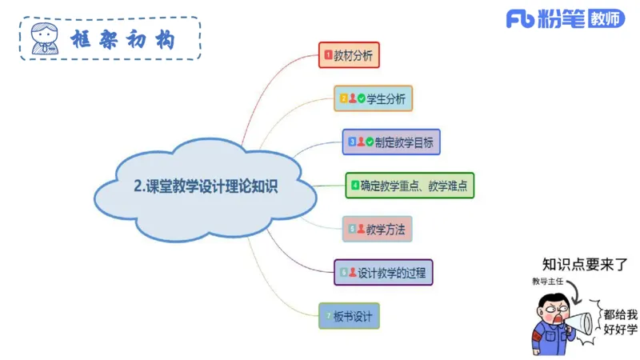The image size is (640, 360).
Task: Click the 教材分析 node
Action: pyautogui.click(x=349, y=55)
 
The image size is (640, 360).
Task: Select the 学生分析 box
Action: pyautogui.click(x=373, y=98)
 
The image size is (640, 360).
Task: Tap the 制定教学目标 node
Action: pyautogui.click(x=391, y=142)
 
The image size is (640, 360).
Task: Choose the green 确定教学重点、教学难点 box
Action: pyautogui.click(x=410, y=186)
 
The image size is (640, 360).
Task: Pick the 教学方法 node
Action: pyautogui.click(x=377, y=229)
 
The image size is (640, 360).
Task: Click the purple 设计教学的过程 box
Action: pyautogui.click(x=383, y=272)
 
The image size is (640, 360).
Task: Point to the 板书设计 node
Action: pyautogui.click(x=348, y=315)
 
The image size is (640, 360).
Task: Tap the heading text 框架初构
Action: pyautogui.click(x=122, y=38)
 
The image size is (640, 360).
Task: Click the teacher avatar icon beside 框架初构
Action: pyautogui.click(x=44, y=38)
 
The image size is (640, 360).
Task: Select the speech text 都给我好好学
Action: pyautogui.click(x=620, y=322)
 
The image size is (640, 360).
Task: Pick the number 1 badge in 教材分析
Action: pyautogui.click(x=328, y=55)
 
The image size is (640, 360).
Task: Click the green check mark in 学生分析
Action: pyautogui.click(x=362, y=98)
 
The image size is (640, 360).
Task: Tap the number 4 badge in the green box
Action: pyautogui.click(x=354, y=186)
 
